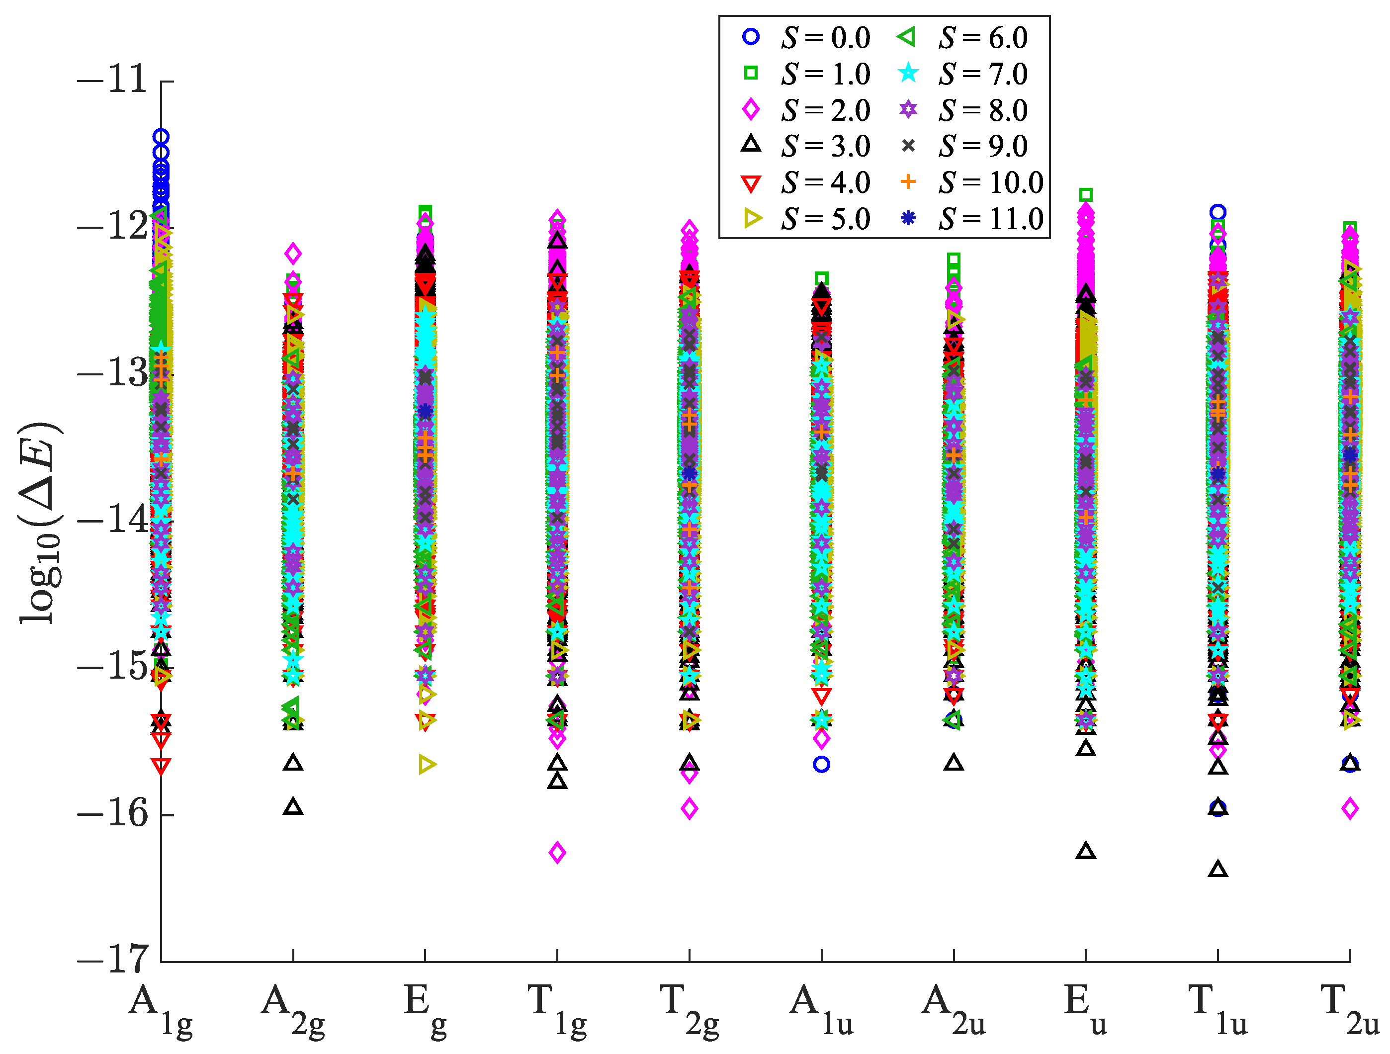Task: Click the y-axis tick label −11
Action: [112, 80]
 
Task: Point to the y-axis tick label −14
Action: [112, 521]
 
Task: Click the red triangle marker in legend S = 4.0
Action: [751, 183]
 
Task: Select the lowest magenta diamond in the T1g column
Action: [557, 853]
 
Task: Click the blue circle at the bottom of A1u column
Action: [821, 764]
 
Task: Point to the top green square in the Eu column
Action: [1086, 195]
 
